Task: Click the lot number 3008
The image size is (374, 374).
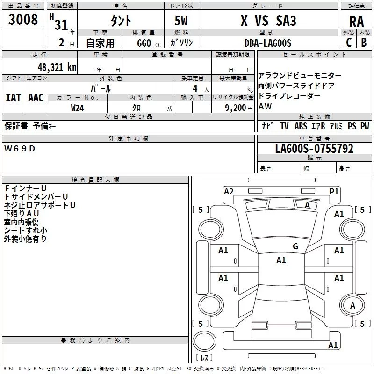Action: click(23, 20)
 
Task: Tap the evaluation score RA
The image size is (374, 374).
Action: click(356, 22)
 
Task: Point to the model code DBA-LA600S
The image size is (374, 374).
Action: click(267, 43)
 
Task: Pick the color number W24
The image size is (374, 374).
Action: click(78, 108)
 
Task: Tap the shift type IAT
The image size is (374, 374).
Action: click(13, 98)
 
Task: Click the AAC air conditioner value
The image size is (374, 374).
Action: click(36, 98)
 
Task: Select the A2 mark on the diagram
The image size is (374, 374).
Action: click(229, 191)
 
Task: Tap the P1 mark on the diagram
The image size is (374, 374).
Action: click(334, 191)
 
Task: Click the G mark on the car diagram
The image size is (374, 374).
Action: click(295, 246)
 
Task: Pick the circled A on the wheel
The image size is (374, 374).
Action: click(352, 306)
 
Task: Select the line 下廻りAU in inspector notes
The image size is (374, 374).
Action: click(22, 213)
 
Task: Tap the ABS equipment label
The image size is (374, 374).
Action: click(301, 126)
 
